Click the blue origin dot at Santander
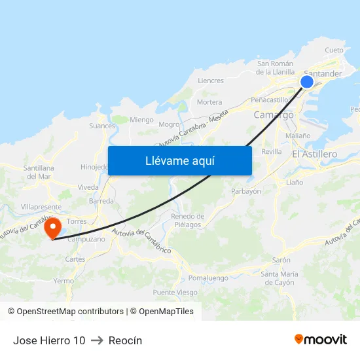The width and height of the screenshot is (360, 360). point(306,82)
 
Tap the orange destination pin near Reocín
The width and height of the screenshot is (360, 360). point(52,228)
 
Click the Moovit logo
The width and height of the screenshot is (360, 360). point(321,340)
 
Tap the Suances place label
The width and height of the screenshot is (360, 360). point(101,126)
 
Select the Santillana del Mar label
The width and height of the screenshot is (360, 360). point(37,172)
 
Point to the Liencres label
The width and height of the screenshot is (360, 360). point(210,81)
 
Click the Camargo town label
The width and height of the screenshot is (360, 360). point(274,115)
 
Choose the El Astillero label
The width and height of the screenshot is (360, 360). point(314,154)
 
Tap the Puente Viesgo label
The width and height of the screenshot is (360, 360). point(175,293)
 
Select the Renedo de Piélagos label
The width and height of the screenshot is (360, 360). point(187,220)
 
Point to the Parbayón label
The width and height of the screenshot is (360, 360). point(246,191)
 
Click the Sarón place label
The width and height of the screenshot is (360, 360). point(281,260)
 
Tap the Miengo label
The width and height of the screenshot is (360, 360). point(141,120)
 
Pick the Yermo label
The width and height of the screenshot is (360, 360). point(63,281)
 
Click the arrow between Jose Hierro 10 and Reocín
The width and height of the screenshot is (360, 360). point(97,340)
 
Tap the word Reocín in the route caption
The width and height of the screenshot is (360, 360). point(125,340)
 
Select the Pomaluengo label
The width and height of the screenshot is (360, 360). point(207,278)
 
